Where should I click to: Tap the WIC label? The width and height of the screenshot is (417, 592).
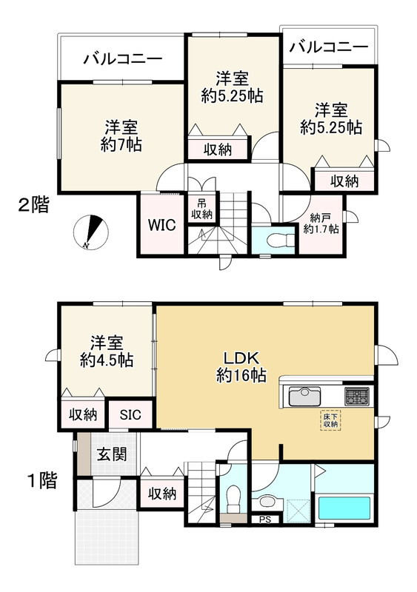point(161,225)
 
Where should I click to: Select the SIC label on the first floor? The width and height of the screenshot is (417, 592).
point(130,414)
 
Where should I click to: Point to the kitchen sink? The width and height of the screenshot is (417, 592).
point(304,396)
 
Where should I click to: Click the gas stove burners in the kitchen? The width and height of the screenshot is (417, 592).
point(356,396)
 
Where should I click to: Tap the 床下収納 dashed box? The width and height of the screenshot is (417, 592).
point(330,420)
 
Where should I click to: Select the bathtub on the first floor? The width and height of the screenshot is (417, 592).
point(344,508)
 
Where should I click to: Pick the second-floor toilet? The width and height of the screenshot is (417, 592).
point(278,239)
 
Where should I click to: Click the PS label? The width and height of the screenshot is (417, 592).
point(265,519)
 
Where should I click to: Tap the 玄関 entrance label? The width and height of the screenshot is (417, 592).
point(112,454)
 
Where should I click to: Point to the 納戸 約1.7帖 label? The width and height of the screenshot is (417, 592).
point(321,223)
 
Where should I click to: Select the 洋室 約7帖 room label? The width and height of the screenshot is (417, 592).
point(121,136)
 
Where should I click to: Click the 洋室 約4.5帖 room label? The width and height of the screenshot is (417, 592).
point(106,351)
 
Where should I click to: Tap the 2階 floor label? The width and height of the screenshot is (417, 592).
point(33,206)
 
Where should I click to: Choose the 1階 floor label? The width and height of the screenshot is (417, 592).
point(42,480)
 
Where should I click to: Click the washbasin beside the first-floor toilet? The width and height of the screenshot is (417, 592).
point(267,502)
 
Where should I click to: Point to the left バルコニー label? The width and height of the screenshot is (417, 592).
point(123,59)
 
